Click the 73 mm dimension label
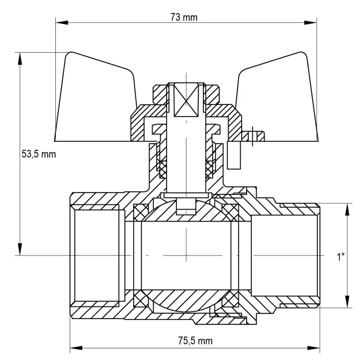coord(184,17)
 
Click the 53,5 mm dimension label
coord(39,154)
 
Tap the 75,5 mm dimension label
coord(195,341)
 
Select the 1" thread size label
coord(341,256)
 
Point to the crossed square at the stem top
coord(186,100)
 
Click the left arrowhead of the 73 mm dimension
coord(62,22)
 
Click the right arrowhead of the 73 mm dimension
coord(310,22)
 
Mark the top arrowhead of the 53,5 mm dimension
coord(20,59)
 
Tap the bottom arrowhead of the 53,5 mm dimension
coord(20,249)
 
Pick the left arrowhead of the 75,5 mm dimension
coord(76,348)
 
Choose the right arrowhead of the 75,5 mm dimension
coord(314,348)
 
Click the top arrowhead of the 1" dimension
coord(347,210)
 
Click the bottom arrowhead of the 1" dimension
coord(347,301)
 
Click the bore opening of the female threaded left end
coord(97,255)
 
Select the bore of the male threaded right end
coord(284,255)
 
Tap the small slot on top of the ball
coord(186,206)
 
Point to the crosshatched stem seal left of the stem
coord(163,170)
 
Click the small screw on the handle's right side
coord(253,136)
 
